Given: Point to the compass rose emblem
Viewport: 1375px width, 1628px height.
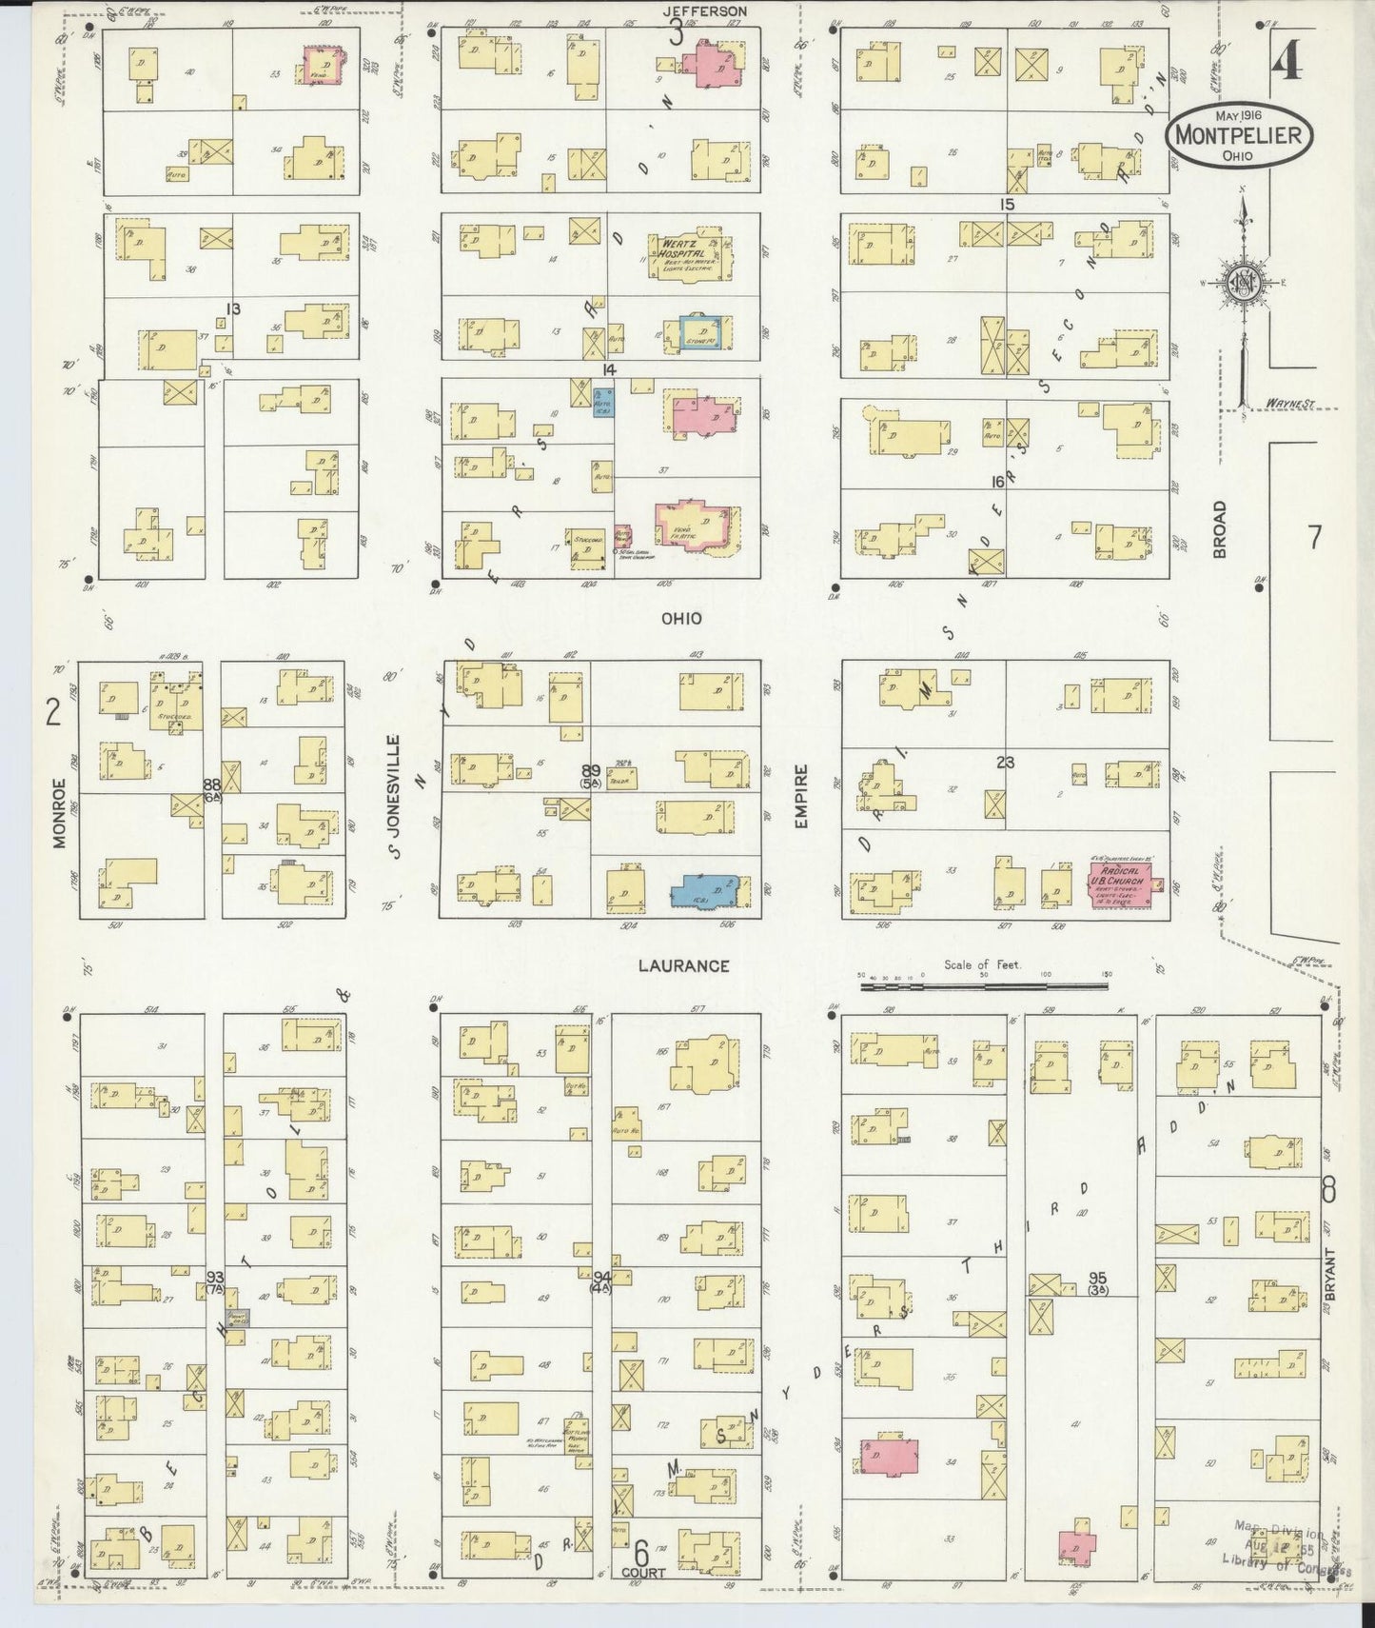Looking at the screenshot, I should (1242, 283).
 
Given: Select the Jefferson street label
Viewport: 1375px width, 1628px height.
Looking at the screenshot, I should (705, 11).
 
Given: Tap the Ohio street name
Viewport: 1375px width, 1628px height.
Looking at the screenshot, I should (682, 619).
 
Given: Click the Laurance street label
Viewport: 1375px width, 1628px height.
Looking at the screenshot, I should (683, 965).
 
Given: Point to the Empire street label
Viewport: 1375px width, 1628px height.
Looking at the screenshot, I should (801, 796).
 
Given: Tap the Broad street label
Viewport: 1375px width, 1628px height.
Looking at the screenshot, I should (1219, 529).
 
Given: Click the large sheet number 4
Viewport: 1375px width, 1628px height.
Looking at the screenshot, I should (1286, 64).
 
